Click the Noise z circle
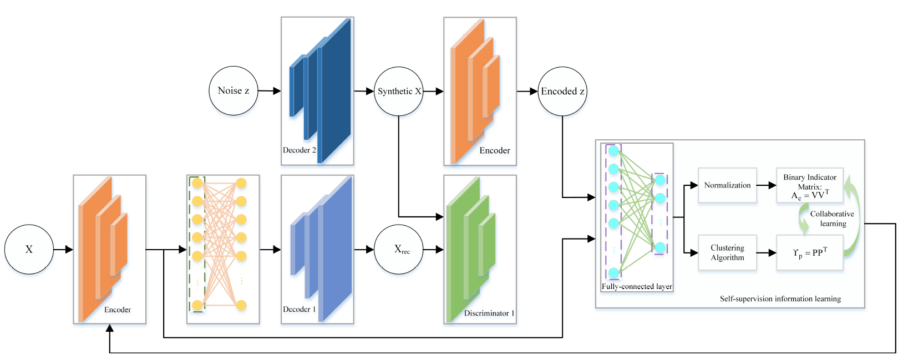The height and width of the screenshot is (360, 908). pos(233,91)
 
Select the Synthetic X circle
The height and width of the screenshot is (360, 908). pos(398,92)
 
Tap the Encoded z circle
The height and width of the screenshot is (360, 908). pos(562,92)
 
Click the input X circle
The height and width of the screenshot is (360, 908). pos(29,250)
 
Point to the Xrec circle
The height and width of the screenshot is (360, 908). pos(398,250)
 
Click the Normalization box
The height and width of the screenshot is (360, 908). pos(727,185)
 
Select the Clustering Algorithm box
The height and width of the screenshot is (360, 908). pos(727,253)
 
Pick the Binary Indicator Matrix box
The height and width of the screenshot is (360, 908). pos(809,186)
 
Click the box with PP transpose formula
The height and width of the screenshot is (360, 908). pos(809,253)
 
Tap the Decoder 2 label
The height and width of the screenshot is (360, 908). pos(299,150)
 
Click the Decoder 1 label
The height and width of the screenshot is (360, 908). pos(299,310)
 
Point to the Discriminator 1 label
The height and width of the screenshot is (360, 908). pos(489,313)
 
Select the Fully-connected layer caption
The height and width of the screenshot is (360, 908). pos(637,287)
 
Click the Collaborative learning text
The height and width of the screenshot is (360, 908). pos(832,219)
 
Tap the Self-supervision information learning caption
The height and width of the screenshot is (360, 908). pos(780,299)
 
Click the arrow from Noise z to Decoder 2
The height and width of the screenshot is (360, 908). pos(270,91)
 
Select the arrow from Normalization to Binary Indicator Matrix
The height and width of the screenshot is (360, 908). pos(767,185)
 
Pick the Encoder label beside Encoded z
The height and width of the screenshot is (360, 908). pos(494,150)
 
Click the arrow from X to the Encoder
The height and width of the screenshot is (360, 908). pos(63,250)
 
